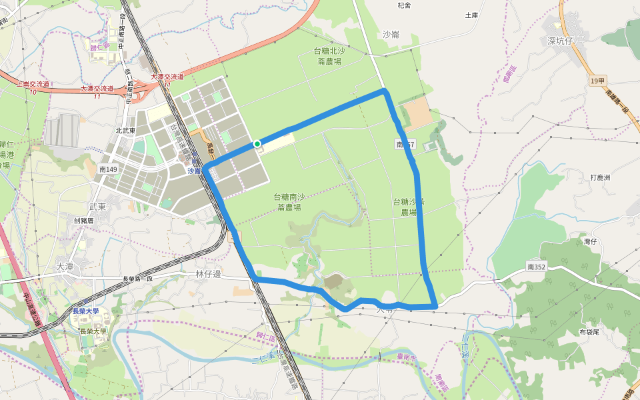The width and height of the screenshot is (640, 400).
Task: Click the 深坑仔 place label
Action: click(560, 41)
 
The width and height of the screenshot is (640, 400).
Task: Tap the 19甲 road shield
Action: click(597, 81)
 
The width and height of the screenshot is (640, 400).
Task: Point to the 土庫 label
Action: click(471, 15)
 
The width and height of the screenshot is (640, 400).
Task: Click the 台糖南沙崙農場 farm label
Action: click(289, 202)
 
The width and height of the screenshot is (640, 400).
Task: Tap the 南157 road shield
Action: click(405, 144)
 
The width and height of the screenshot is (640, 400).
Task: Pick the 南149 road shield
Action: click(108, 170)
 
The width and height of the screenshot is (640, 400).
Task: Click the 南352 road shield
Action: click(535, 267)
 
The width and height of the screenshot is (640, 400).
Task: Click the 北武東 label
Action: click(125, 131)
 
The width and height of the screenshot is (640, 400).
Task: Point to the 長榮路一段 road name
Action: click(138, 279)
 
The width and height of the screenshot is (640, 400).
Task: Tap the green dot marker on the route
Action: click(257, 143)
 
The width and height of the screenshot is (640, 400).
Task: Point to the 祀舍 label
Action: click(404, 5)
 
